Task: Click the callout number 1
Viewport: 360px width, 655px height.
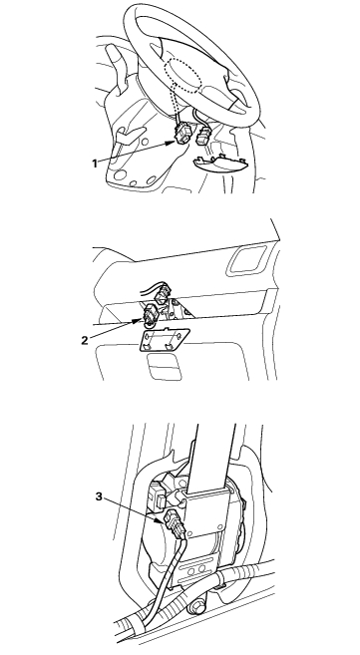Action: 95,164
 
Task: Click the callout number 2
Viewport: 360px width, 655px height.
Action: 85,340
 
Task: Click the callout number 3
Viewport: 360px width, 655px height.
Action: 99,496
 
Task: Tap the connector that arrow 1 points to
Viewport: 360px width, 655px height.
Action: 182,134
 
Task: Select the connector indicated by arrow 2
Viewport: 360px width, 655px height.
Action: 151,315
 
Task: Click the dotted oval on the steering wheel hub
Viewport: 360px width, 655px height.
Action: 184,75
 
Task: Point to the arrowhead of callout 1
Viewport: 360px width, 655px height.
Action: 172,143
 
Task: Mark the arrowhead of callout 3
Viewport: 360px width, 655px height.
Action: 165,521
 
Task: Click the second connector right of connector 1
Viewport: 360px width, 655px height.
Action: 202,136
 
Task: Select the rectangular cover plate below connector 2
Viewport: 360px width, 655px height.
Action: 164,339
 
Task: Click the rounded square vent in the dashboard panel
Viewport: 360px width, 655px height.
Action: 246,260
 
